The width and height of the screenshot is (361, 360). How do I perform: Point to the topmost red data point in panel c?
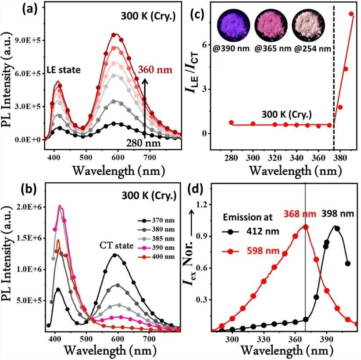[351, 14]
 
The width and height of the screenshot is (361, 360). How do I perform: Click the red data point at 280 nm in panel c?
[231, 122]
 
